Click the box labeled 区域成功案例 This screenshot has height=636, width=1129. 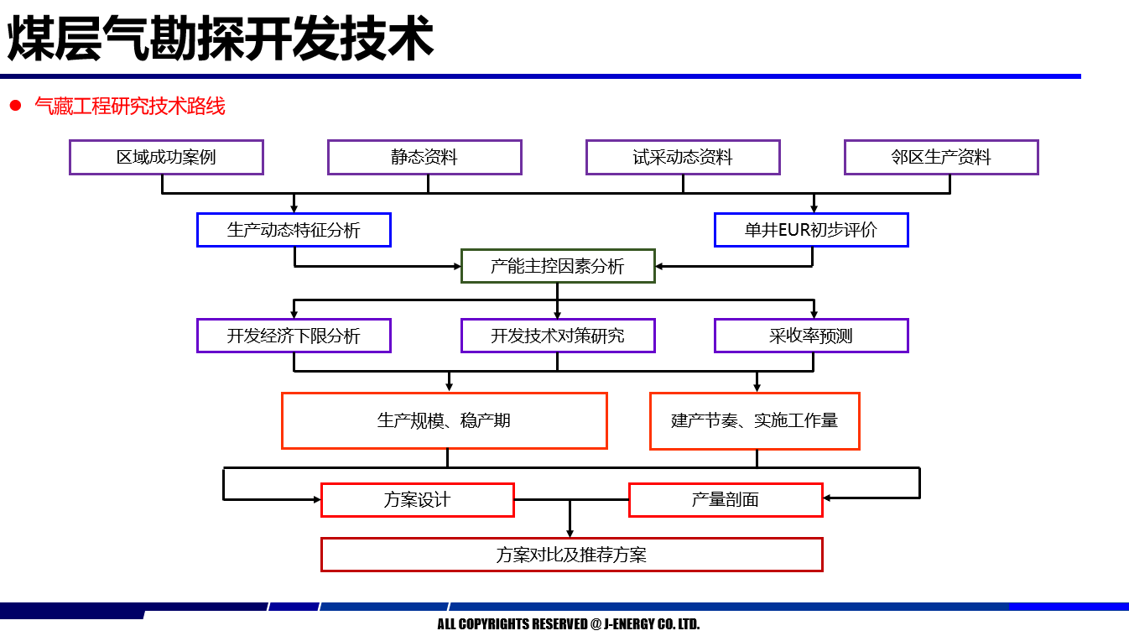click(166, 157)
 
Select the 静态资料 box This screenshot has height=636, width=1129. click(424, 157)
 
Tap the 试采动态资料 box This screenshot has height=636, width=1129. click(683, 157)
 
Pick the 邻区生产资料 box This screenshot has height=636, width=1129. click(941, 157)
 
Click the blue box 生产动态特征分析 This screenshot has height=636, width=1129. click(294, 230)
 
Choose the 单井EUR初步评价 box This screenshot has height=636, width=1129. click(811, 230)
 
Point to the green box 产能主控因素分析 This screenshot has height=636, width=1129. click(558, 266)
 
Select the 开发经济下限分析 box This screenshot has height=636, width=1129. click(294, 336)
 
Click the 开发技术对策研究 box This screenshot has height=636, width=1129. click(558, 336)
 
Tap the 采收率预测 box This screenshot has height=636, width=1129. click(811, 336)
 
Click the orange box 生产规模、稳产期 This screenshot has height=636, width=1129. click(445, 420)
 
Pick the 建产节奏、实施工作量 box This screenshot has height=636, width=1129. click(754, 420)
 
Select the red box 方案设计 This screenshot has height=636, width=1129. click(418, 499)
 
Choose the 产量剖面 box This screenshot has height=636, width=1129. click(726, 499)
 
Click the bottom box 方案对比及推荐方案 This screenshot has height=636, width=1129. click(571, 555)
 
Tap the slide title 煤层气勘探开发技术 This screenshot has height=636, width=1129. click(221, 39)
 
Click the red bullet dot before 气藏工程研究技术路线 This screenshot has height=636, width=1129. click(14, 106)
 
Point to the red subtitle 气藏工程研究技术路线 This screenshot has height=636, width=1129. click(130, 106)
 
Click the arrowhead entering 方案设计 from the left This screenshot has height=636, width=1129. click(316, 499)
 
